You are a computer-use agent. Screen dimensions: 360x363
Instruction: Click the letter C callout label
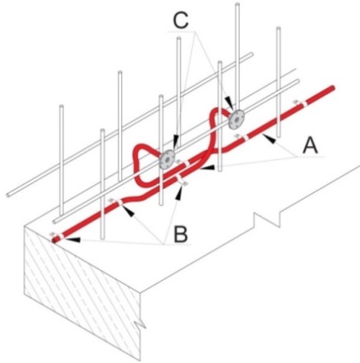coord(181,20)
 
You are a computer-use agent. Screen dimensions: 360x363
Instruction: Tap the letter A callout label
coord(310,145)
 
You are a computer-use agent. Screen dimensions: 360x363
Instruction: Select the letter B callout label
coord(181,234)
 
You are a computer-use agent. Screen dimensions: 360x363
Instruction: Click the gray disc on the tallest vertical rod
coord(237,119)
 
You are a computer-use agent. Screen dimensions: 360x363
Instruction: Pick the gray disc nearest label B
coord(167,159)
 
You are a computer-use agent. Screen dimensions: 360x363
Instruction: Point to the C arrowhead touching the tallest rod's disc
coord(228,102)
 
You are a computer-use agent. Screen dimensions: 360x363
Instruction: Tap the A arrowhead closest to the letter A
coord(270,140)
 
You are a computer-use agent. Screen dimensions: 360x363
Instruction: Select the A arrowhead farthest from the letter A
coord(208,168)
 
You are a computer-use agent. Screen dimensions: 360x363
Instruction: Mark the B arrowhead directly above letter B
coord(178,192)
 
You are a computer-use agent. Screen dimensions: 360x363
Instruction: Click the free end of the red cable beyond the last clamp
coord(333,87)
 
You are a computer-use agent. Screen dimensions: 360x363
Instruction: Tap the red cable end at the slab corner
coord(54,240)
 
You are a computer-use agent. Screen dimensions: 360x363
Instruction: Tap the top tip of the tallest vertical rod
coord(237,4)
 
